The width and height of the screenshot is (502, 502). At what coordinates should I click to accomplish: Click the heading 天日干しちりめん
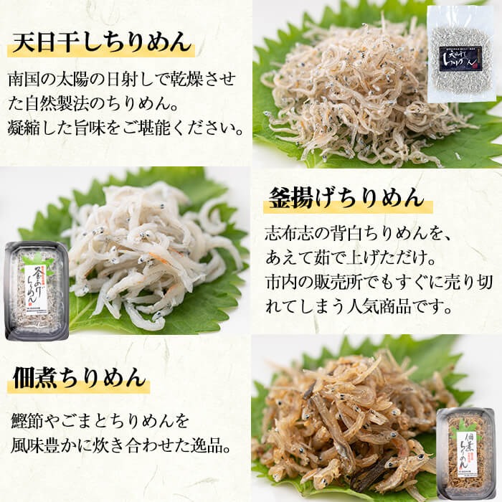[103, 42]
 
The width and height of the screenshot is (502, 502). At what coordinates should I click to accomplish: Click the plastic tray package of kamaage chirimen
[36, 290]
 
